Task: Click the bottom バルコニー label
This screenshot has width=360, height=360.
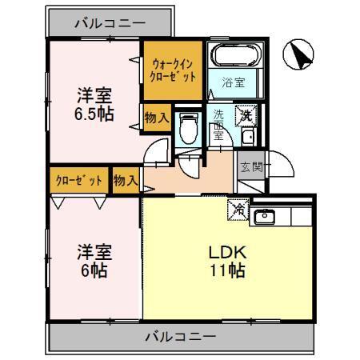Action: click(x=180, y=337)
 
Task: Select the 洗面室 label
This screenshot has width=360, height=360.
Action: click(x=218, y=125)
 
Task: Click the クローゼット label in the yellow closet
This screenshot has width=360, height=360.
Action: click(x=78, y=179)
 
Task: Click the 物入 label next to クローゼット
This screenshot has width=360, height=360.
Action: click(x=126, y=179)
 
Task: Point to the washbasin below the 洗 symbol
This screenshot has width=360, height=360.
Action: click(x=246, y=138)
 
